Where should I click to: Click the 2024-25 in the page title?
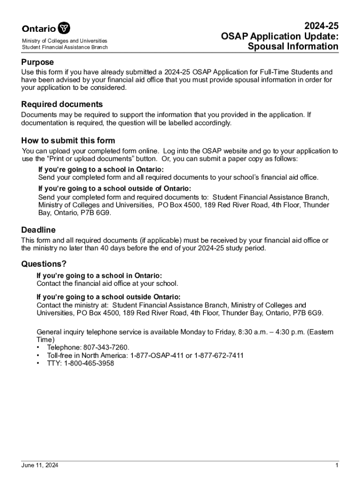321,26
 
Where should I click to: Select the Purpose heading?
37,62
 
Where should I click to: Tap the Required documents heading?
62,104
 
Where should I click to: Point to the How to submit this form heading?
68,141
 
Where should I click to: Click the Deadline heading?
38,230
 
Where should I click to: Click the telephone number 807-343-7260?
106,348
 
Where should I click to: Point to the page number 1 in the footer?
336,465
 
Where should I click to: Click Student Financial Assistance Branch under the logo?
65,47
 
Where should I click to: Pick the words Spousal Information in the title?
293,47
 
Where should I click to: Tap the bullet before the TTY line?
37,363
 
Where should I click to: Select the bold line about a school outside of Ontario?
114,189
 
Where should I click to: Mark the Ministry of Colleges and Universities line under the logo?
65,41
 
